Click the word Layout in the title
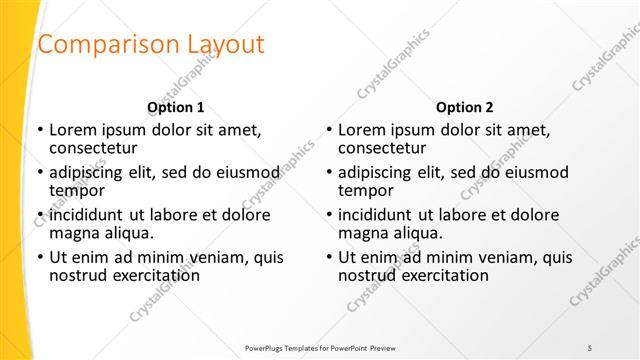227,45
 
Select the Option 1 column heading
176,107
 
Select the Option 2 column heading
465,107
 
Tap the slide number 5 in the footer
591,346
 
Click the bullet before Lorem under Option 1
40,130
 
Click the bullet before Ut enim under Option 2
329,258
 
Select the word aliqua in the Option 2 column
415,233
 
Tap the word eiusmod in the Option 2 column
536,172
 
